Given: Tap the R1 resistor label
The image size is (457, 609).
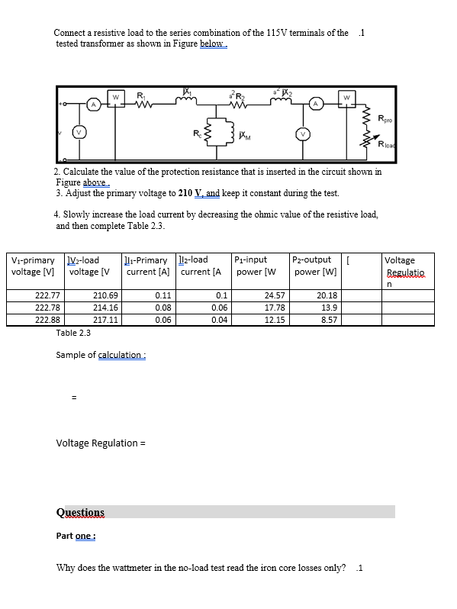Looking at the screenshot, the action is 140,95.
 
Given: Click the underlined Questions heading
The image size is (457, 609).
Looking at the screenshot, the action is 80,512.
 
